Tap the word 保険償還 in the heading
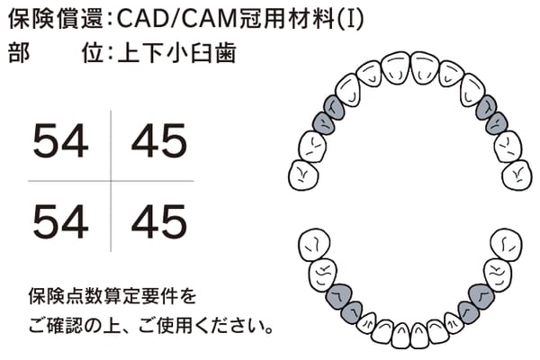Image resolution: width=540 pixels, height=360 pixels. click(x=55, y=19)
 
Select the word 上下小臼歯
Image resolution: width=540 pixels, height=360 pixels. click(x=176, y=53)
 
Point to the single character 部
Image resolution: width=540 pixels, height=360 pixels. click(x=19, y=53)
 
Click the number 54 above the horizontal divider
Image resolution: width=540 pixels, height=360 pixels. click(x=60, y=141)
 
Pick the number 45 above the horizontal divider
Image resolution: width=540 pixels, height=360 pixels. click(x=159, y=141)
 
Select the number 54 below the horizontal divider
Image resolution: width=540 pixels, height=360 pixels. click(x=60, y=221)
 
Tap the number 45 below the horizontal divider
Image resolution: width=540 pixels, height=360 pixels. click(x=159, y=221)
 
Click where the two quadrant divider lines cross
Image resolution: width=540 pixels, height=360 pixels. click(x=111, y=181)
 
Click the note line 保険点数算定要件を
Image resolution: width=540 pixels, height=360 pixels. click(x=112, y=296)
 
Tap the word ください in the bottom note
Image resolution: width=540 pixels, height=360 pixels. click(x=230, y=326)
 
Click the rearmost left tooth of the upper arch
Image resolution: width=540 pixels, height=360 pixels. click(x=303, y=175)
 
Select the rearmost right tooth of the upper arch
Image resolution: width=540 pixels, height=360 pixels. click(x=517, y=175)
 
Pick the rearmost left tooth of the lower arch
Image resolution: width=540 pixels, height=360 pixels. click(x=314, y=245)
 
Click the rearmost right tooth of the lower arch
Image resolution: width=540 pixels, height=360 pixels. click(x=506, y=245)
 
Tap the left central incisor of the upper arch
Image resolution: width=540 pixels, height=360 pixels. click(x=396, y=67)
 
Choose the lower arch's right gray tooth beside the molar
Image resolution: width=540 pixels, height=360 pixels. click(x=481, y=296)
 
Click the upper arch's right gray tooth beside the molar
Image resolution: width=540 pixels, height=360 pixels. click(x=496, y=123)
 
